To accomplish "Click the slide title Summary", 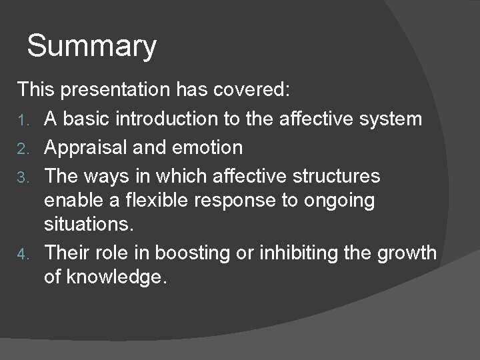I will coord(92,47).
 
